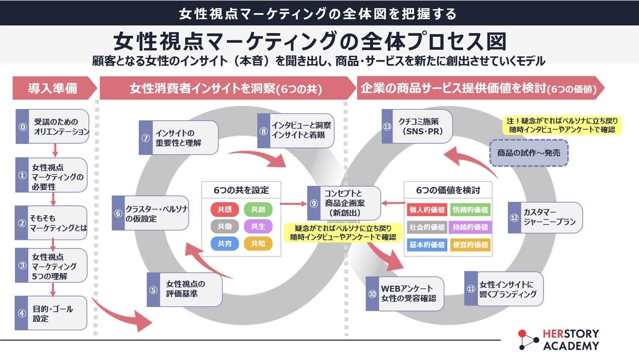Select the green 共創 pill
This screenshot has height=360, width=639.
[x=258, y=209]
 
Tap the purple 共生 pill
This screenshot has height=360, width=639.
[x=258, y=226]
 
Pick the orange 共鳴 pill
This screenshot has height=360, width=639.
[x=258, y=244]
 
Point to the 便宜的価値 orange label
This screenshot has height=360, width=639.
[x=470, y=245]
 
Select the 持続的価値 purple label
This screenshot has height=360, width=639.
[x=470, y=227]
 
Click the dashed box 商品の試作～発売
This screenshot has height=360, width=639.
[x=528, y=152]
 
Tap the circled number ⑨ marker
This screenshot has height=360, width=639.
[x=314, y=203]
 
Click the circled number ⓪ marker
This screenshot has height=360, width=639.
[x=22, y=127]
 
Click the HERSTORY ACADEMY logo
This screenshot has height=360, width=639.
[x=559, y=340]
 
